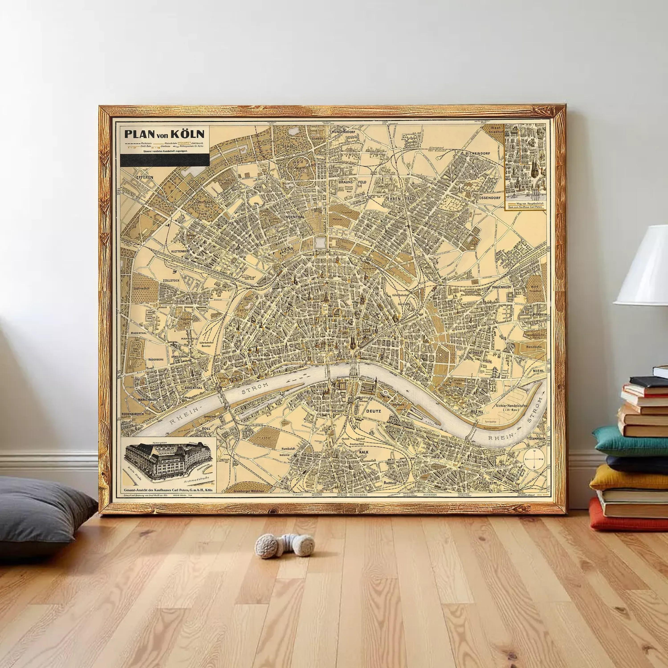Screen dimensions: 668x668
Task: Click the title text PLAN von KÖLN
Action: click(164, 134)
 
